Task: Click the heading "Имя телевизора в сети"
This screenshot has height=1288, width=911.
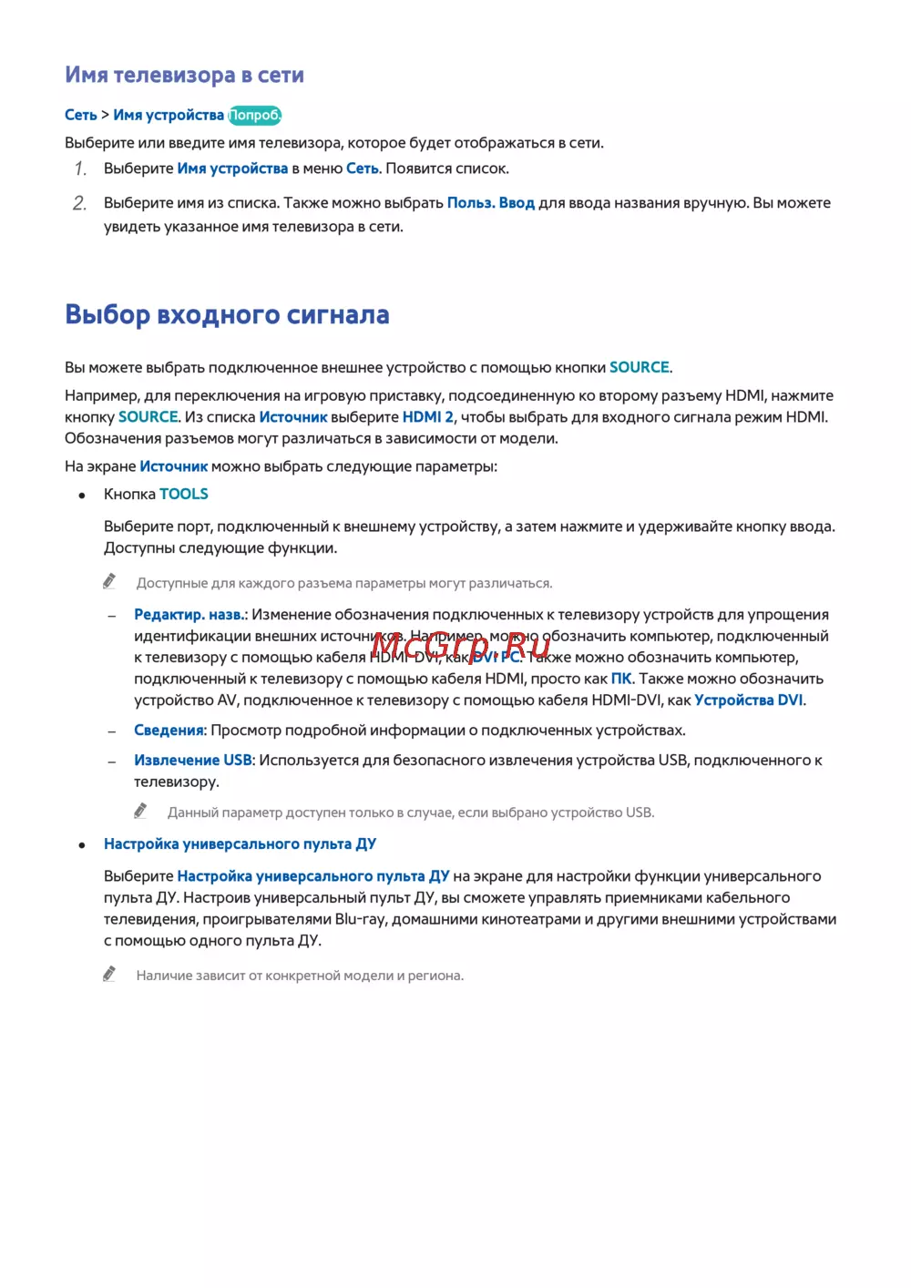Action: pyautogui.click(x=184, y=76)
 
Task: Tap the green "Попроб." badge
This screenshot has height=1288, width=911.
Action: pyautogui.click(x=254, y=116)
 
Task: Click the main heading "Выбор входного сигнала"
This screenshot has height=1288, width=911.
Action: pyautogui.click(x=227, y=315)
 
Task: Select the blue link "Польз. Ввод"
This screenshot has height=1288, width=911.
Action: pyautogui.click(x=490, y=203)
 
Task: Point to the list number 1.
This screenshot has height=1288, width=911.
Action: pyautogui.click(x=80, y=169)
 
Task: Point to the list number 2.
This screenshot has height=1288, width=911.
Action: pyautogui.click(x=80, y=203)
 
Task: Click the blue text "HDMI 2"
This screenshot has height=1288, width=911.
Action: pyautogui.click(x=427, y=417)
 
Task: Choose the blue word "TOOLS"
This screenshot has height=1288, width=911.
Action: pyautogui.click(x=184, y=495)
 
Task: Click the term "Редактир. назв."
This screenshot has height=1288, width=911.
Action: pyautogui.click(x=189, y=615)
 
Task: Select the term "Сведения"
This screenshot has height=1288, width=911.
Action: pyautogui.click(x=169, y=731)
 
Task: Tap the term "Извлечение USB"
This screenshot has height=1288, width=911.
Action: pyautogui.click(x=193, y=761)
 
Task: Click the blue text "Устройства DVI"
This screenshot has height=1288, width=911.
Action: pyautogui.click(x=749, y=700)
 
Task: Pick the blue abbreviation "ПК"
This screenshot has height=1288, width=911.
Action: pyautogui.click(x=621, y=679)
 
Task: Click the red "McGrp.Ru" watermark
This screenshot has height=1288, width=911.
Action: pyautogui.click(x=460, y=647)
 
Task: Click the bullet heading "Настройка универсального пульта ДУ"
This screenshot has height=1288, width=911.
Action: pyautogui.click(x=240, y=844)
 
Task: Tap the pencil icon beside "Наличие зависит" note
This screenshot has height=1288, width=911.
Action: pyautogui.click(x=109, y=975)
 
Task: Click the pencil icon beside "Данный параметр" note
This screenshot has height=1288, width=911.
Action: pyautogui.click(x=140, y=811)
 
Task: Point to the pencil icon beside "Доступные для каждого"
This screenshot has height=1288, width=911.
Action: pyautogui.click(x=109, y=581)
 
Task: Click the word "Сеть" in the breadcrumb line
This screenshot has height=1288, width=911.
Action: pyautogui.click(x=81, y=116)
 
